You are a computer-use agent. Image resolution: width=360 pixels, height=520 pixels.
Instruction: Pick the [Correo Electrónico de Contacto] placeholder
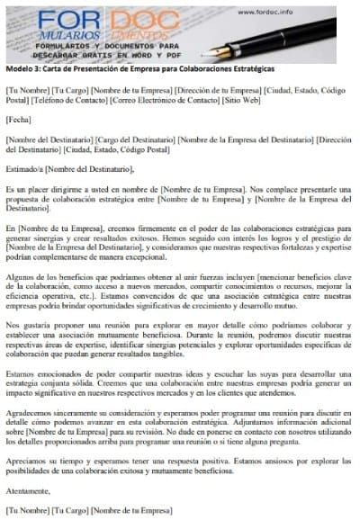pyautogui.click(x=181, y=101)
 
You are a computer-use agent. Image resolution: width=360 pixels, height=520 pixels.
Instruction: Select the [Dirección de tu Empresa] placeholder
pyautogui.click(x=219, y=91)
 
